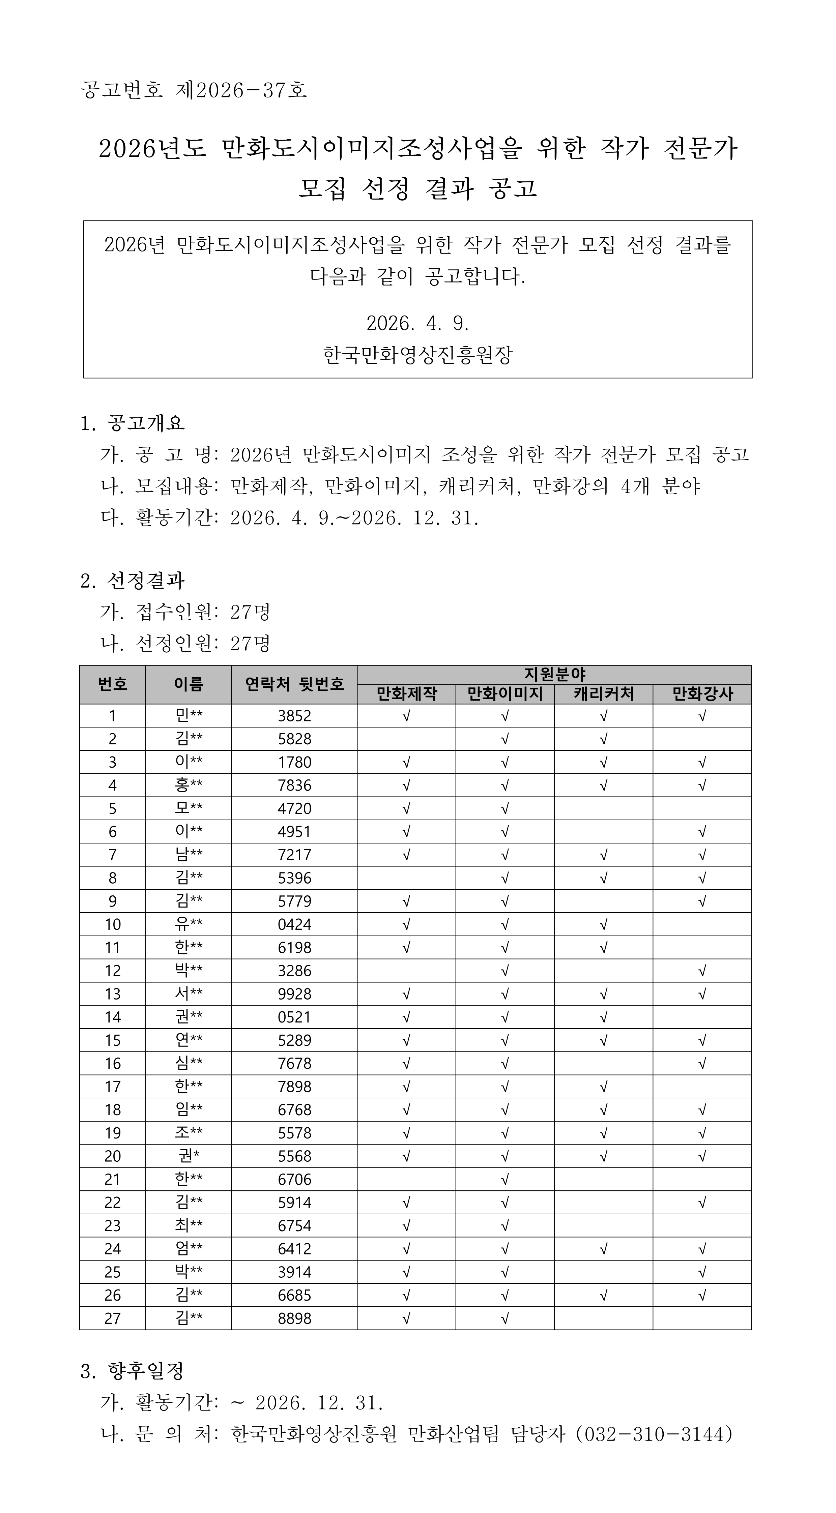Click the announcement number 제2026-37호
click(241, 90)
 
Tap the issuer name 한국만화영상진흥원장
click(418, 354)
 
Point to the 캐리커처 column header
click(603, 694)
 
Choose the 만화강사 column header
click(702, 694)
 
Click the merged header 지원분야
click(554, 674)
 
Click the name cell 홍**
click(189, 785)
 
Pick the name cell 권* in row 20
click(189, 1156)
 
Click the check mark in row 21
click(505, 1179)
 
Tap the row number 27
click(112, 1318)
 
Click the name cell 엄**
click(189, 1249)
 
